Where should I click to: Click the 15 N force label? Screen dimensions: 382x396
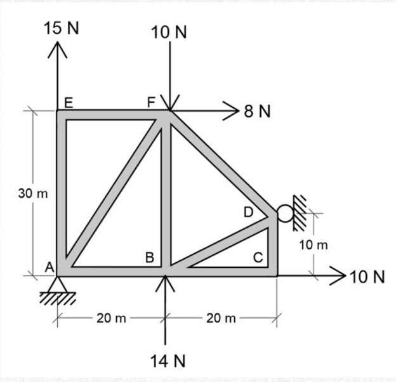(62, 28)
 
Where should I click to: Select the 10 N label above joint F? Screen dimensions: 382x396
(169, 32)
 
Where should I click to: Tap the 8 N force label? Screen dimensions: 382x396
(256, 112)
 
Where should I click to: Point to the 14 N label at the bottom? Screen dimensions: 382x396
(168, 362)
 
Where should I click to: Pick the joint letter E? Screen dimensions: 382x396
(68, 102)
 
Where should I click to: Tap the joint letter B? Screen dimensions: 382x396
(150, 257)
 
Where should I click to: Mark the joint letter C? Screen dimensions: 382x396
(258, 257)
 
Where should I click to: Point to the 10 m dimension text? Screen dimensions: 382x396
(313, 246)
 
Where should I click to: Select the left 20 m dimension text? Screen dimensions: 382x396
(112, 318)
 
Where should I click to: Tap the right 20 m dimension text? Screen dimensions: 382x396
(220, 318)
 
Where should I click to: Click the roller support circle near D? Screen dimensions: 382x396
(285, 214)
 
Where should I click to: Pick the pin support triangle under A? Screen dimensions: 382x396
(58, 284)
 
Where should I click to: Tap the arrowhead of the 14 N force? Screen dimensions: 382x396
(165, 280)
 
